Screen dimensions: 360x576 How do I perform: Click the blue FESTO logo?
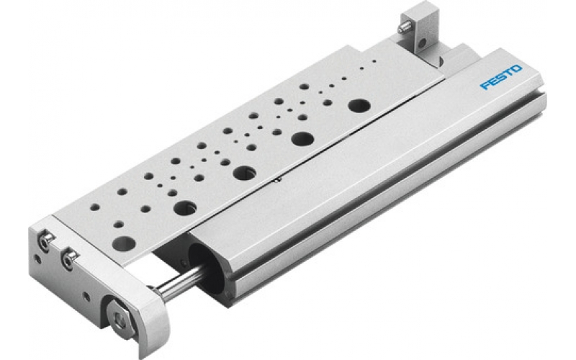click(x=500, y=76)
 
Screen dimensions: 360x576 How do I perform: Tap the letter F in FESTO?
click(x=485, y=86)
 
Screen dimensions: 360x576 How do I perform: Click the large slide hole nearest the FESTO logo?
click(x=356, y=105)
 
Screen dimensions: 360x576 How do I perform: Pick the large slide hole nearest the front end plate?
click(x=123, y=243)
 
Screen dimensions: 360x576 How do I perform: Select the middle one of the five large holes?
click(x=244, y=172)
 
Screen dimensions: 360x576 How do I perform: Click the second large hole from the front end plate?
click(x=185, y=206)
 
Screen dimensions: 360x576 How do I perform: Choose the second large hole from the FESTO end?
click(x=302, y=138)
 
